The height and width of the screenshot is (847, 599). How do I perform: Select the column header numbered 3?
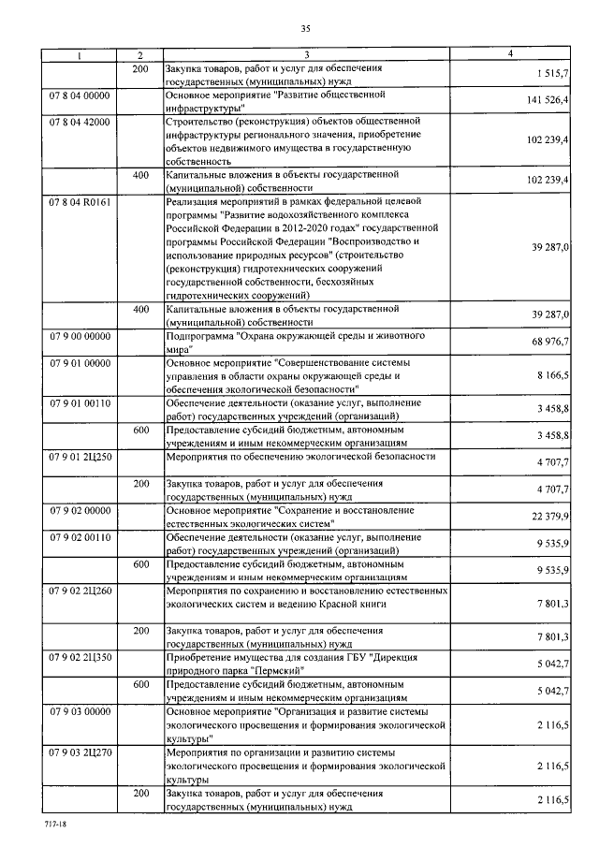305,55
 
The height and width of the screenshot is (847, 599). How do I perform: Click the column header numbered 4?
509,55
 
